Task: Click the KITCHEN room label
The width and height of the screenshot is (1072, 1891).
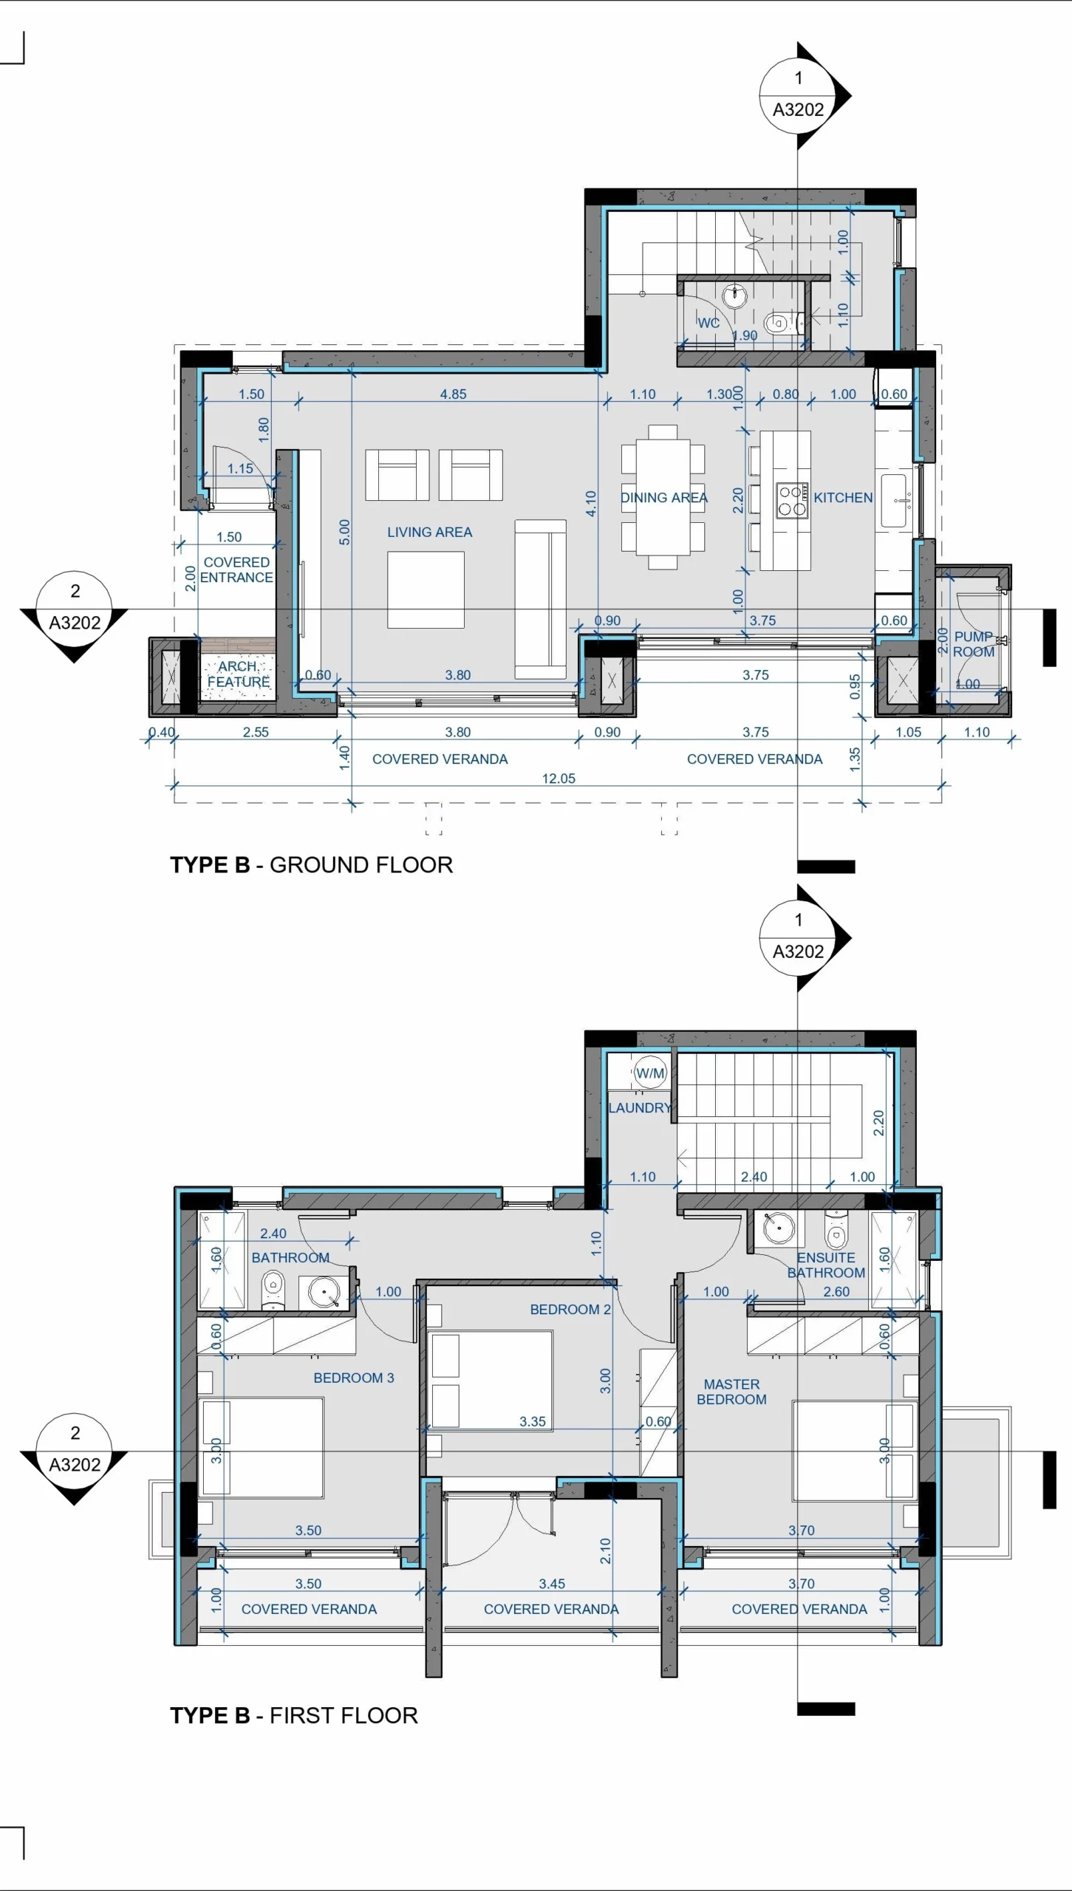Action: (x=843, y=498)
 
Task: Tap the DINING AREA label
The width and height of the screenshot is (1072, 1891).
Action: (x=663, y=498)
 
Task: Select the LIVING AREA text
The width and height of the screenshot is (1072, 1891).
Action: (x=429, y=532)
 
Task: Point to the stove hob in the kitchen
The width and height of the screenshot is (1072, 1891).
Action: (x=791, y=500)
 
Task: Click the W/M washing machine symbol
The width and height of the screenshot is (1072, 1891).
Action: (x=650, y=1073)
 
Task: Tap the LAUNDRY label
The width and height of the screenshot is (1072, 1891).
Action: (x=640, y=1108)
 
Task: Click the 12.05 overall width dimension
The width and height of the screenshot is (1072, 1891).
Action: (x=559, y=779)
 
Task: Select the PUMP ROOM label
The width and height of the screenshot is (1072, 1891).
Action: (x=974, y=644)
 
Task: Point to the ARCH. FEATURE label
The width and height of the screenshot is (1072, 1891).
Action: (x=238, y=674)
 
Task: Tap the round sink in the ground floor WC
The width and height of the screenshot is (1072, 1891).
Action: (x=734, y=295)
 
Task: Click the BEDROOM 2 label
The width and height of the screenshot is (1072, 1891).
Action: (x=570, y=1310)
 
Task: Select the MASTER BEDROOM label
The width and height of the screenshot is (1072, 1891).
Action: (x=731, y=1392)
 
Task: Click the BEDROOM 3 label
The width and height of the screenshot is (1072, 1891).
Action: (x=354, y=1378)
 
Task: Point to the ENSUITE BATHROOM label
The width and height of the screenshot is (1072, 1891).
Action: (x=826, y=1265)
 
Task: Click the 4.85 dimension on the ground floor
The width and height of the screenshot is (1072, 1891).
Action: (x=453, y=394)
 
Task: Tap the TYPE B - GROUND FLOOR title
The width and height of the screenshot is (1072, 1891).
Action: (x=311, y=865)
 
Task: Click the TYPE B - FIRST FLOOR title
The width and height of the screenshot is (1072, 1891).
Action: (x=294, y=1715)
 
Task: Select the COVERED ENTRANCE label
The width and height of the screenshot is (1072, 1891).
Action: (x=236, y=570)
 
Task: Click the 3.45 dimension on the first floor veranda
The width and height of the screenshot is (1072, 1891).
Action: (x=552, y=1584)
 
